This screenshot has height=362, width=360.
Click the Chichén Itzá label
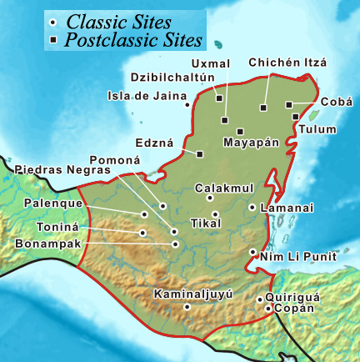(x=287, y=63)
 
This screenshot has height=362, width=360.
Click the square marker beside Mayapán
(x=240, y=131)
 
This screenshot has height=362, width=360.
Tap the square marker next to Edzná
(x=200, y=153)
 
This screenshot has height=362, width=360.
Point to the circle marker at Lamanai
(x=252, y=207)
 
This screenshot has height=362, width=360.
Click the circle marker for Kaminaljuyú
(x=187, y=306)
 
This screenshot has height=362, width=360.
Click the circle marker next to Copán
(x=267, y=309)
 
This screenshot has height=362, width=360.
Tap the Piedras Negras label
(x=62, y=169)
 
